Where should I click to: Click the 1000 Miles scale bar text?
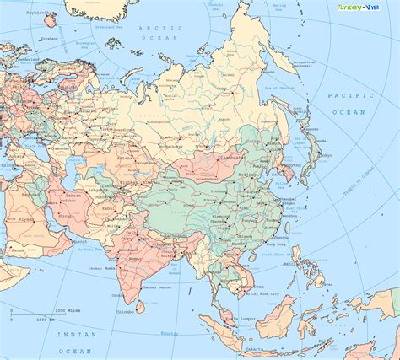(66, 309)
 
